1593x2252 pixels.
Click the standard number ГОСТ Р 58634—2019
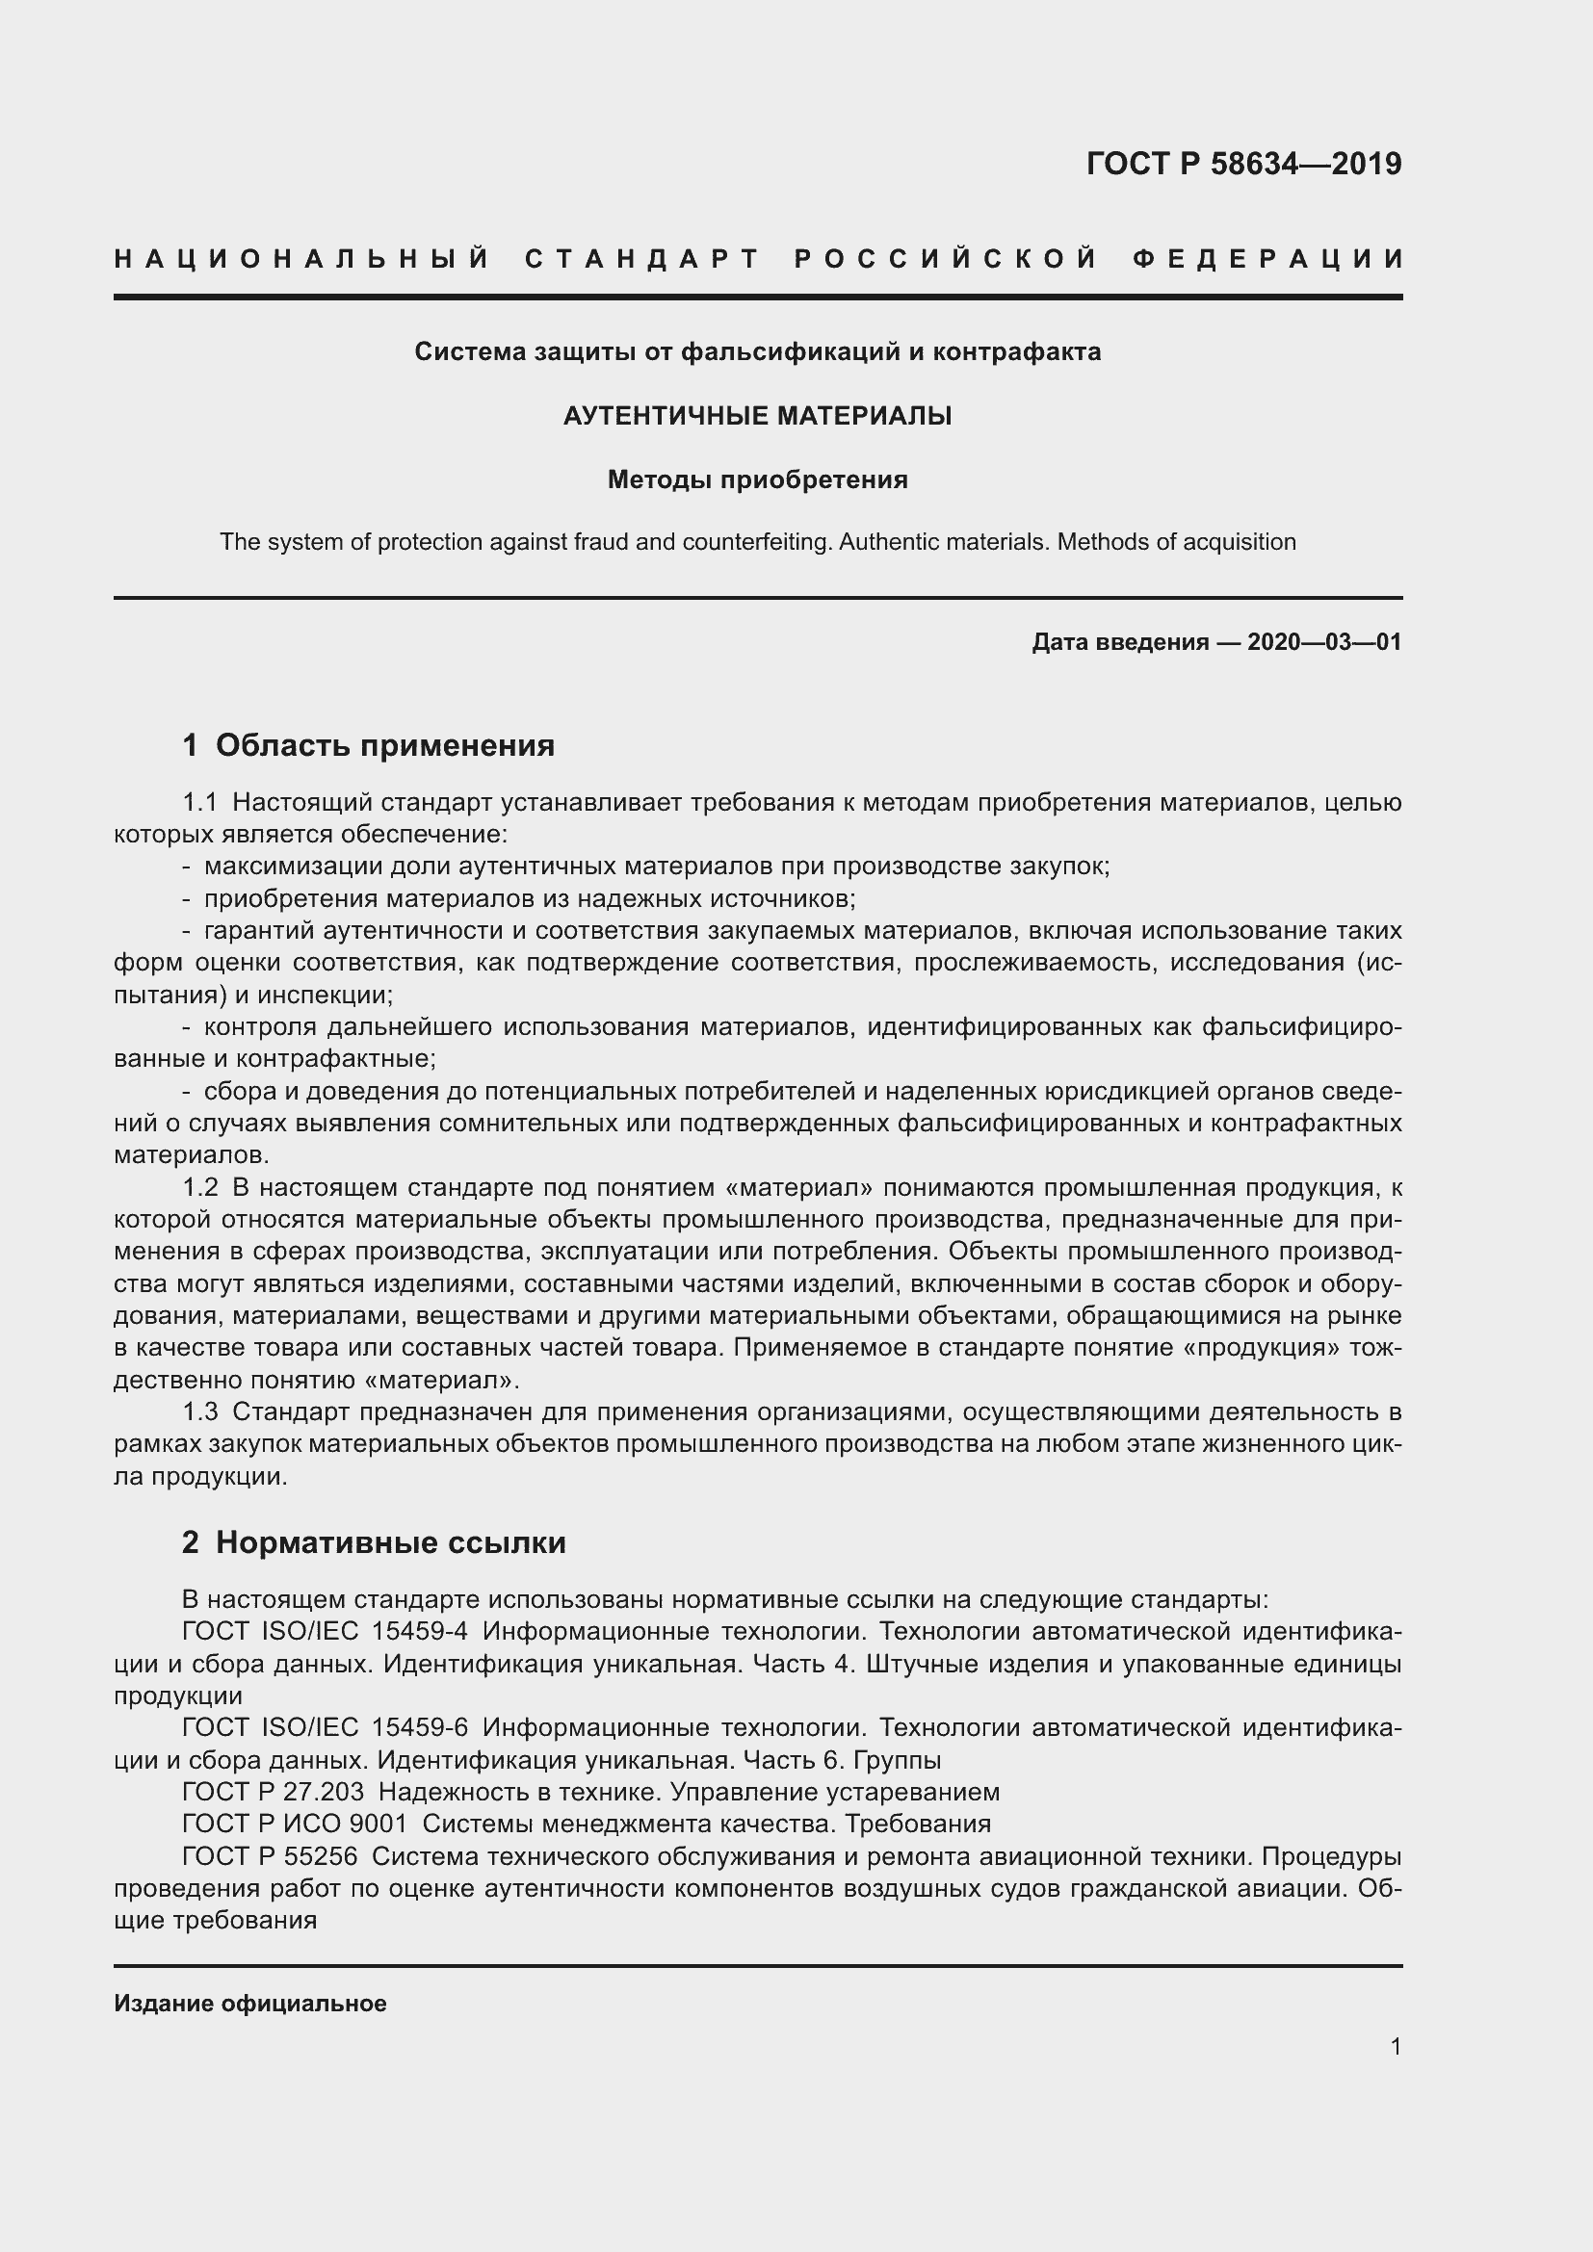click(1243, 163)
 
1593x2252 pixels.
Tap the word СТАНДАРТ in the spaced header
click(642, 259)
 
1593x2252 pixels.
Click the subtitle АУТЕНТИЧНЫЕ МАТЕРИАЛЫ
click(757, 416)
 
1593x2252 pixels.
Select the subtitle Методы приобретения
click(757, 479)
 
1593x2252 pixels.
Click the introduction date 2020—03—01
click(1324, 642)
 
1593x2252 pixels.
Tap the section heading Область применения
click(384, 745)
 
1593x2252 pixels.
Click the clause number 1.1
click(199, 802)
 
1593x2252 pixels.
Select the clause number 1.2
click(199, 1188)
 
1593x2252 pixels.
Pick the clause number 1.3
click(199, 1412)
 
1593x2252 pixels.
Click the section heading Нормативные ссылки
click(390, 1542)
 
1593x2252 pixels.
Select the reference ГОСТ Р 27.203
click(273, 1792)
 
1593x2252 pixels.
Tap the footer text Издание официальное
click(250, 2004)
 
